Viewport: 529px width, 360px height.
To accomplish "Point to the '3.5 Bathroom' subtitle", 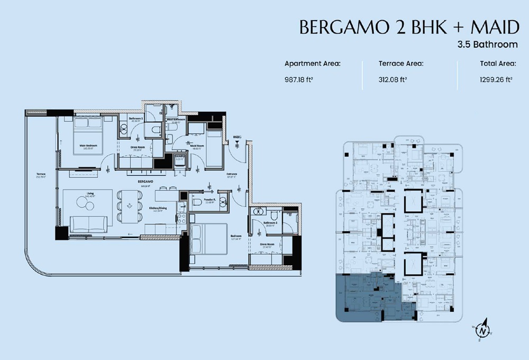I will (487, 44).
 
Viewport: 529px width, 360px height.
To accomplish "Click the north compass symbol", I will (483, 330).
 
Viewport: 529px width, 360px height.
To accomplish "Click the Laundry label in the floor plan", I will (179, 157).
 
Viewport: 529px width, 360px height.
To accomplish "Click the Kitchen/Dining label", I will (158, 209).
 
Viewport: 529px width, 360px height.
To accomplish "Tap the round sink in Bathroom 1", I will (123, 127).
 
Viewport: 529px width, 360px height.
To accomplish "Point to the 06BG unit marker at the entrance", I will (237, 137).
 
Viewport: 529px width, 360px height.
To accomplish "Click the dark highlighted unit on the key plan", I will (365, 299).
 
